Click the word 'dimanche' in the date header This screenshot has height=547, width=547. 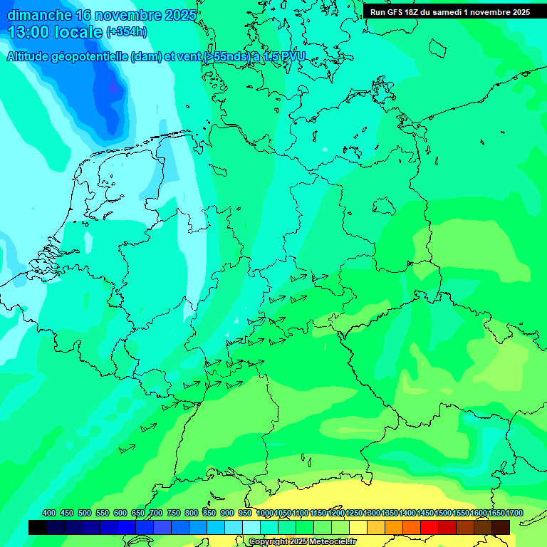(39, 15)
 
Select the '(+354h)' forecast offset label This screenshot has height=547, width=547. (127, 32)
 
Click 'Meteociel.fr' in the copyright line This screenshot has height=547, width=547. (328, 542)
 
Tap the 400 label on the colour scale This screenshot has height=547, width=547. (49, 513)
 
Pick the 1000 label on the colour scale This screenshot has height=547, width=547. (265, 513)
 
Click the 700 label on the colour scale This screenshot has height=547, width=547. (156, 513)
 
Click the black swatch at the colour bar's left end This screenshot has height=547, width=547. (38, 527)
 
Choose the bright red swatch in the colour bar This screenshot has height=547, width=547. (429, 527)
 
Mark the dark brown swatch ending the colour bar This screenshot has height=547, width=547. (501, 527)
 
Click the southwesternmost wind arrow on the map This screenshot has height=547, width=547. (127, 449)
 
